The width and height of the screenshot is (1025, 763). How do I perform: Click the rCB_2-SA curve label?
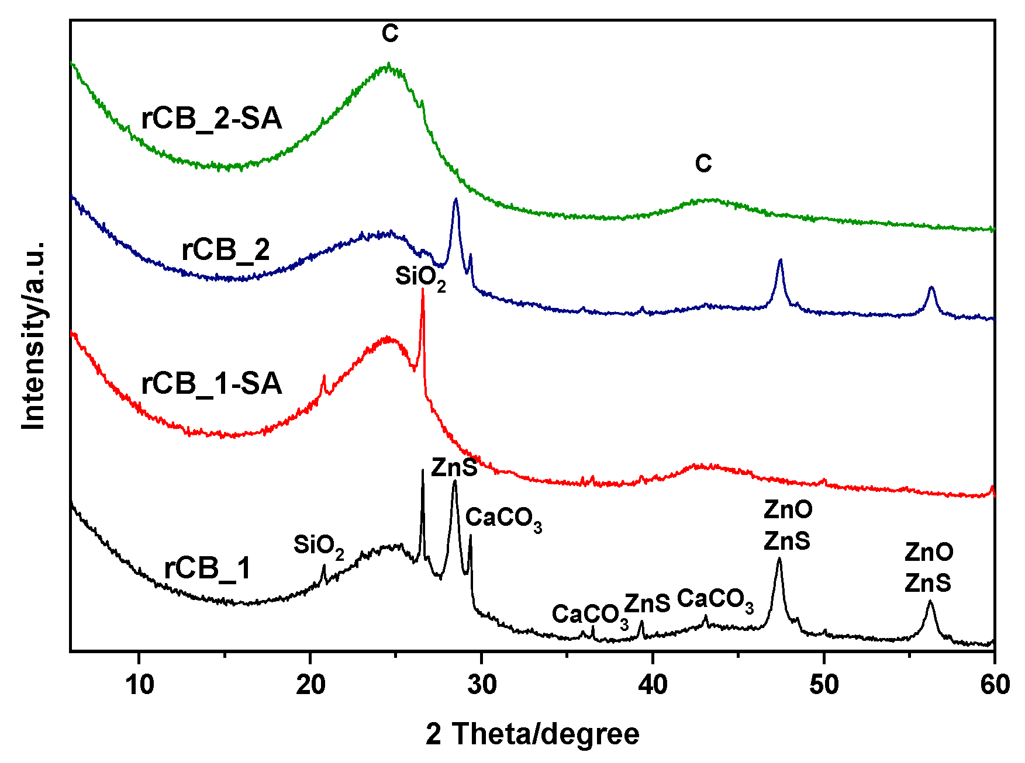coord(212,119)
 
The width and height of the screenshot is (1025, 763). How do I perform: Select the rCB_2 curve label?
coord(226,250)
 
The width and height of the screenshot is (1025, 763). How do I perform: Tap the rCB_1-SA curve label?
coord(212,384)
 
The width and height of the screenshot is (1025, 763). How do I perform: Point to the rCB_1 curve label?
coord(208,568)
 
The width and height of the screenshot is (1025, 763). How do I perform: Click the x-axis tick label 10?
coord(139,685)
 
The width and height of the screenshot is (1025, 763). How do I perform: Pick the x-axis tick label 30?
coord(481,685)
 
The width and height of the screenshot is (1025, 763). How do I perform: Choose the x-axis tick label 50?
coord(823,685)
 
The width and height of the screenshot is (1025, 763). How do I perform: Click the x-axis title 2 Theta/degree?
coord(532,734)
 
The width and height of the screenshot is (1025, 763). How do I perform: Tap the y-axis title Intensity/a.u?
coord(33,335)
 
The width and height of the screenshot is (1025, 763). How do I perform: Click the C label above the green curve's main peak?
coord(390,34)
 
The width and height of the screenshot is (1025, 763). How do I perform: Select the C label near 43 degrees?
coord(703,164)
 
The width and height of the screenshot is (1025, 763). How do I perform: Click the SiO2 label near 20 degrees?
coord(318,546)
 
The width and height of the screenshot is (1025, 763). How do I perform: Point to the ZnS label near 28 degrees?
coord(454,467)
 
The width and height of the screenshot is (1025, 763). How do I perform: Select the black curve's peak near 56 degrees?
coord(930,602)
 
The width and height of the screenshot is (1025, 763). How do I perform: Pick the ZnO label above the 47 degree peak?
coord(788,510)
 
